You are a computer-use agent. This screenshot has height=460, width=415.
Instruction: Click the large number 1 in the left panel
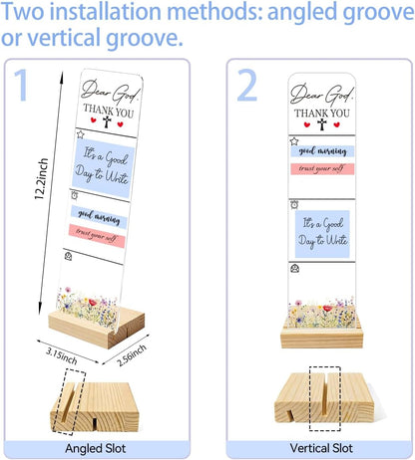tap(21, 85)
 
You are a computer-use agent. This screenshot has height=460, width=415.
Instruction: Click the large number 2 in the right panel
tap(246, 85)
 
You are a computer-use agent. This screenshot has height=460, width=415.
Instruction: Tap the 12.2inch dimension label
tap(42, 179)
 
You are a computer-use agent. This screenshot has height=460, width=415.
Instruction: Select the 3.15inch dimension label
tap(62, 356)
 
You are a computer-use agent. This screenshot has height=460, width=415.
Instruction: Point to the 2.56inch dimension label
tap(132, 355)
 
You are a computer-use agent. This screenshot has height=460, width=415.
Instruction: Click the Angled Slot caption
tap(96, 448)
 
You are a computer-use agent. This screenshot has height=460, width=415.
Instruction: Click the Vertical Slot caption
tap(321, 448)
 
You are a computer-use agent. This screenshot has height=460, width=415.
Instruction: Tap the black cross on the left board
tap(107, 121)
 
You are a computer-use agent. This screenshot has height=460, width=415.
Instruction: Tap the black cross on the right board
tap(321, 124)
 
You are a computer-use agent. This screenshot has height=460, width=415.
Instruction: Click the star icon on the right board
tap(294, 141)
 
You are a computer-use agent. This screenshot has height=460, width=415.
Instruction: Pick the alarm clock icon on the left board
tap(75, 195)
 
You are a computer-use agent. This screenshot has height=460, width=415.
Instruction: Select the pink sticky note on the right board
tap(322, 169)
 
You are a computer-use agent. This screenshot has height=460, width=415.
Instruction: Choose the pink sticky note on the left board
tap(97, 236)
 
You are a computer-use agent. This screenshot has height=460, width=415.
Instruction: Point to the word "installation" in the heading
tap(106, 11)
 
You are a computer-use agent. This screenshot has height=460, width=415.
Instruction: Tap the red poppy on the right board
tap(327, 309)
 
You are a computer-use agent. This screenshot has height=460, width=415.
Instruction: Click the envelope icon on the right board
tap(294, 268)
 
